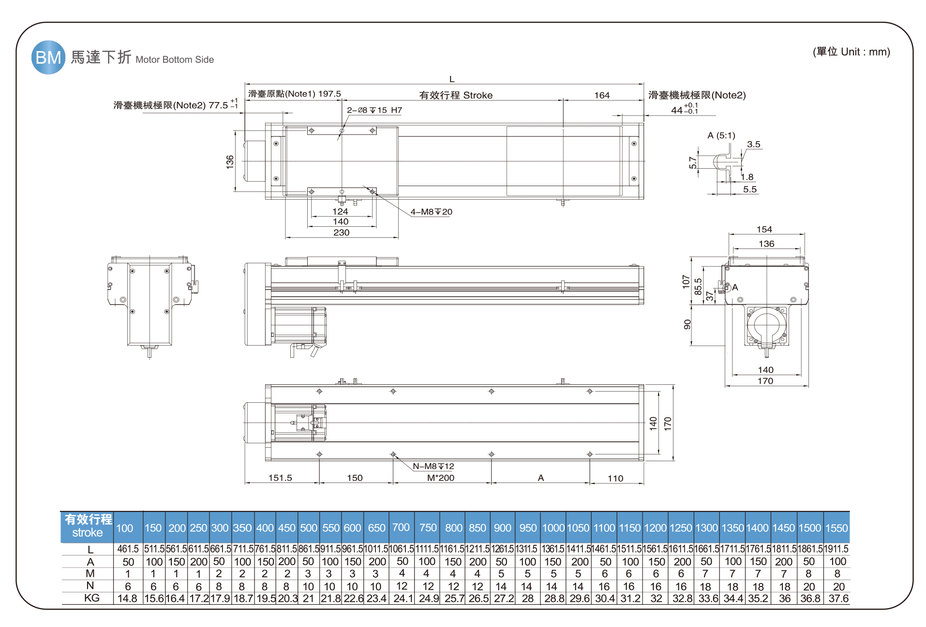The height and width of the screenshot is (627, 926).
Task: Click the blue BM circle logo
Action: tap(48, 58)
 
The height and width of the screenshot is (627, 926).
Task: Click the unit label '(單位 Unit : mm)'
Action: tap(851, 52)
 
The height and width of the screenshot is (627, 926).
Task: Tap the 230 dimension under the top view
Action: tap(341, 233)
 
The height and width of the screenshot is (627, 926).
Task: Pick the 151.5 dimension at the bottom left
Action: tap(280, 478)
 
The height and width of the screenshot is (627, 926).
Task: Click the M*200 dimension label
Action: tap(441, 478)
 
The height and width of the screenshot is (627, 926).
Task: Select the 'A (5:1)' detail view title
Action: tap(721, 135)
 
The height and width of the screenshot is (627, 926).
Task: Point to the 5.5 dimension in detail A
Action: tap(750, 190)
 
